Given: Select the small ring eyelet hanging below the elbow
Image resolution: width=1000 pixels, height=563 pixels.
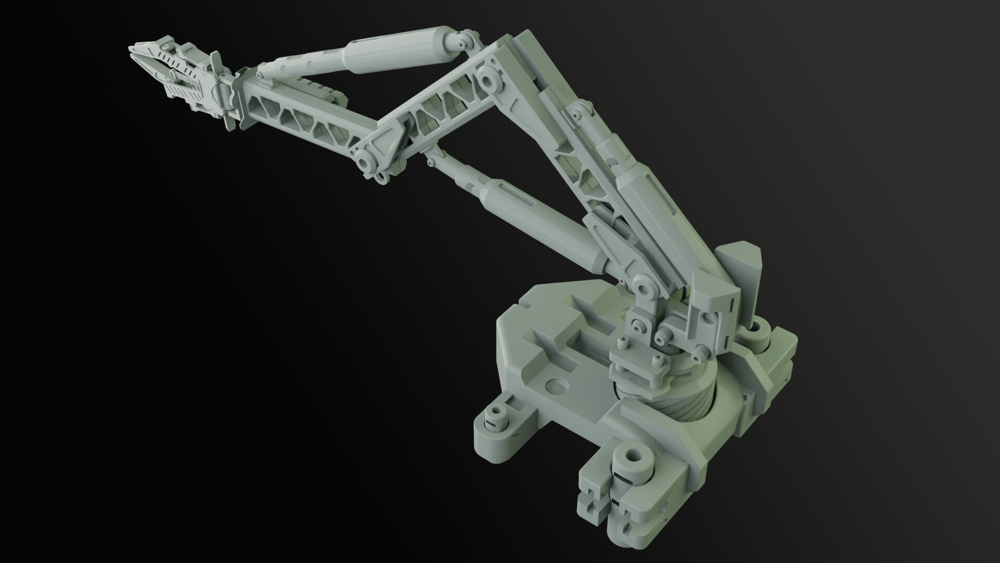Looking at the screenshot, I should point(380,179).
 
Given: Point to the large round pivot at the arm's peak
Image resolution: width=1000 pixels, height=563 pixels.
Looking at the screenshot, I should point(489,80).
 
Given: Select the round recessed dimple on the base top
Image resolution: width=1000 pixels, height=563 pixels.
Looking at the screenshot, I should point(557,386).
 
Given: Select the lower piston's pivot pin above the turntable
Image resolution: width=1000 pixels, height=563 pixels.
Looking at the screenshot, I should point(645,290).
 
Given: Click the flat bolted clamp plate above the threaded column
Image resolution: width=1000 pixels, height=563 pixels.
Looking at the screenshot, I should point(637,365).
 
